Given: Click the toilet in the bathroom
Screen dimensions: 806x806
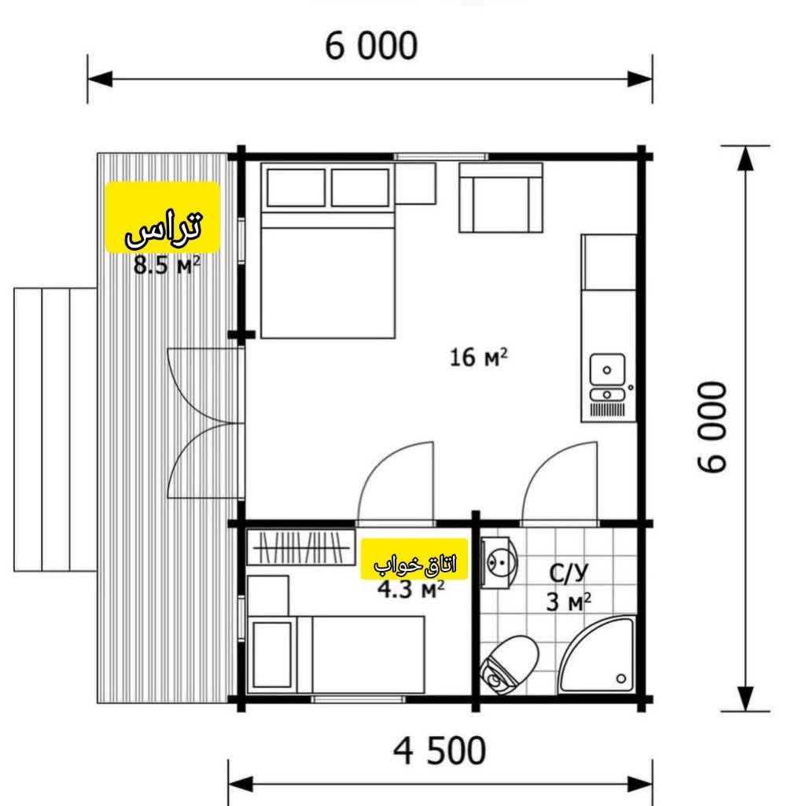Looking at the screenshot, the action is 509,663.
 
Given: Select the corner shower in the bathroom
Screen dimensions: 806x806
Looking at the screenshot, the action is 602,658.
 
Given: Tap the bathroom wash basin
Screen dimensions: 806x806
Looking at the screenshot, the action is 499,562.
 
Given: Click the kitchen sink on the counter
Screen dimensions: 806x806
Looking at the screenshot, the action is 608,370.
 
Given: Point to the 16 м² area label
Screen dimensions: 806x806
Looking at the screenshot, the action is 479,358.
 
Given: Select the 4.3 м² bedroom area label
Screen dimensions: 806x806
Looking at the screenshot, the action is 410,590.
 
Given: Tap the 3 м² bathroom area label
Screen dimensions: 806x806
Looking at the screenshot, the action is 568,602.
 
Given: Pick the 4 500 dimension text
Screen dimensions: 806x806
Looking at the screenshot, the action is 440,751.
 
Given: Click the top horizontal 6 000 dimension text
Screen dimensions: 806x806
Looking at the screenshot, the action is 371,46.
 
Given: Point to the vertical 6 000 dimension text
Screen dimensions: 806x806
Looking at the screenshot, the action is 712,427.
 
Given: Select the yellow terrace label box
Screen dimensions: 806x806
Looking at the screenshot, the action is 163,216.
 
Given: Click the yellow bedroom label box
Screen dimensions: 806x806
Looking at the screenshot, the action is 414,559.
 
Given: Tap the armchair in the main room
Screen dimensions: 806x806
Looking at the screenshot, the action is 501,198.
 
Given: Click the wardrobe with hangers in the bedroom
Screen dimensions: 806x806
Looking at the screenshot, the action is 300,547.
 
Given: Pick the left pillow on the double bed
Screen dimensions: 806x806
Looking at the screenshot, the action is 296,188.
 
